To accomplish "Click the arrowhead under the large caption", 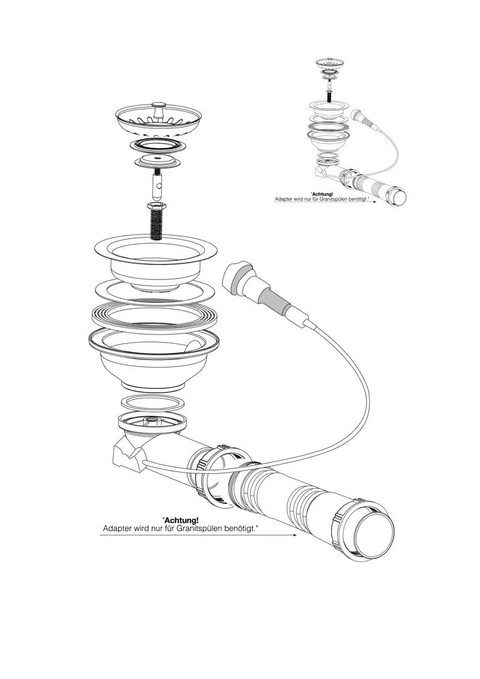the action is pyautogui.click(x=294, y=535).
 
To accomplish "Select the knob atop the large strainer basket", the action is pyautogui.click(x=159, y=105).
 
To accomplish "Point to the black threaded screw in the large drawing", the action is pyautogui.click(x=156, y=224).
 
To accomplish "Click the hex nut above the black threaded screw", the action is pyautogui.click(x=155, y=206).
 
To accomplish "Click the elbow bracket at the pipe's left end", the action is pyautogui.click(x=128, y=458).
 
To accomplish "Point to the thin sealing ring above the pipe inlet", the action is pyautogui.click(x=152, y=403).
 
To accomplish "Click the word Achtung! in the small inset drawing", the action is pyautogui.click(x=322, y=194).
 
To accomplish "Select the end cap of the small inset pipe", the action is pyautogui.click(x=396, y=196).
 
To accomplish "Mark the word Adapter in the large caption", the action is pyautogui.click(x=117, y=529).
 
